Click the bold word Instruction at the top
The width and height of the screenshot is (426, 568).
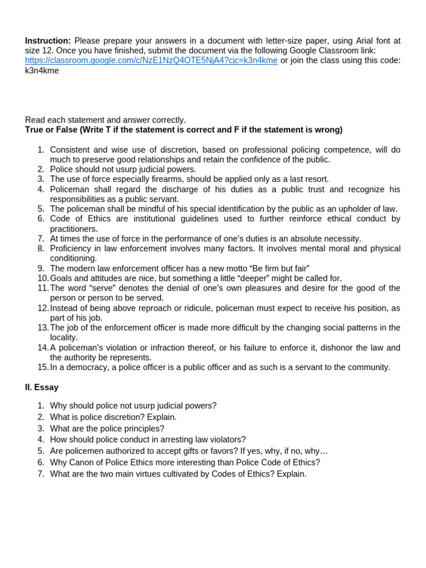click(x=48, y=41)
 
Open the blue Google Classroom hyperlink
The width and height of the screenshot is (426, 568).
click(x=151, y=61)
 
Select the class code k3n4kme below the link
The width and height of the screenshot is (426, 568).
click(x=42, y=71)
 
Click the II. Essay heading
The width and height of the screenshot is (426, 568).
click(x=42, y=388)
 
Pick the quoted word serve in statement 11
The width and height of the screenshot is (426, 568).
click(x=100, y=288)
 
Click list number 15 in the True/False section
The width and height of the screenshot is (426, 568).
click(x=43, y=367)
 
